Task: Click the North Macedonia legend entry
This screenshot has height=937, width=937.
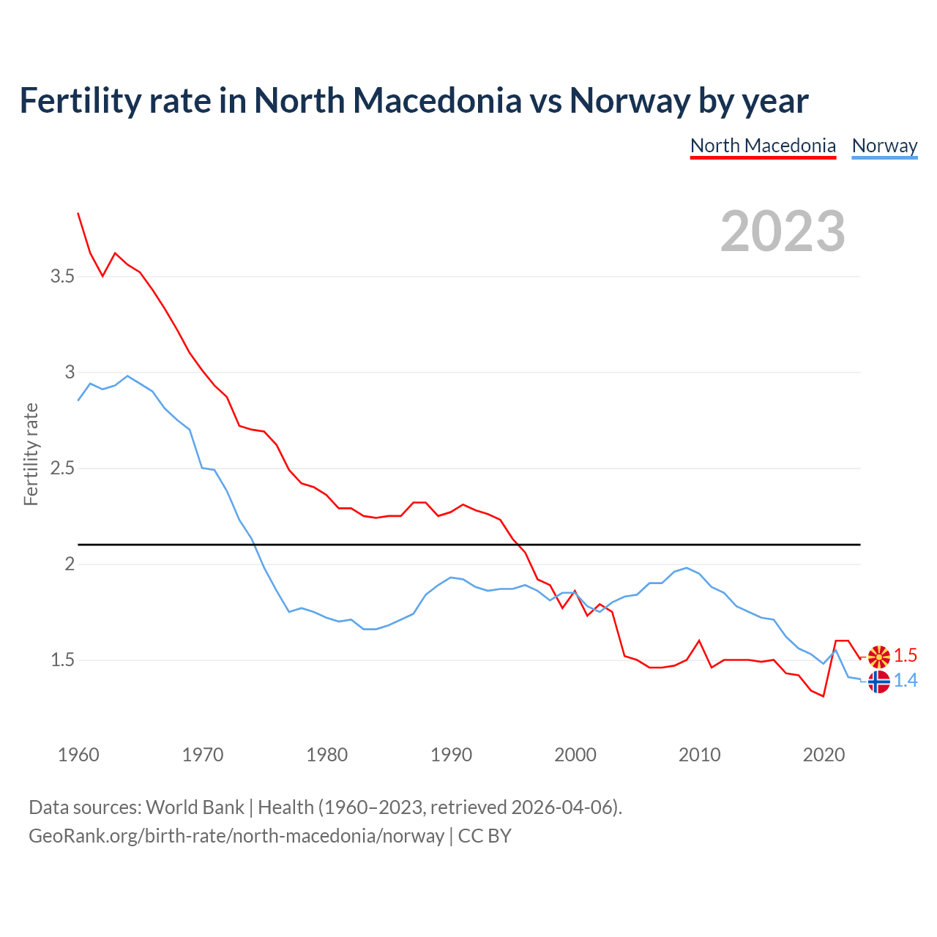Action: (x=763, y=146)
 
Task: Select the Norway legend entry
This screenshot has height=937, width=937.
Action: (x=884, y=146)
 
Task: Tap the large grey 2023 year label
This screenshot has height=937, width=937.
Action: (x=783, y=231)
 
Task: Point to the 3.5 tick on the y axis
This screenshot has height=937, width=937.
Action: (x=62, y=276)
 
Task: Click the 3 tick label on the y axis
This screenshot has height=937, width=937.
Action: (x=70, y=372)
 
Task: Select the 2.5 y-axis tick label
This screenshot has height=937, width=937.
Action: (x=62, y=468)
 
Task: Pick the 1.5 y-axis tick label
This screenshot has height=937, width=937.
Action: (x=62, y=660)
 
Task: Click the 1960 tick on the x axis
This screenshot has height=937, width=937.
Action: (x=78, y=755)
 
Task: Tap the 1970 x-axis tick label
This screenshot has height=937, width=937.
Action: (x=203, y=755)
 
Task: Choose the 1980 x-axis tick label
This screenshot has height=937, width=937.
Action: (x=327, y=755)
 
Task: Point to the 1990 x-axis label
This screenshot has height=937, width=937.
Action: (x=452, y=755)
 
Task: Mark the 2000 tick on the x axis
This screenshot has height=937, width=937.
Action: (x=575, y=755)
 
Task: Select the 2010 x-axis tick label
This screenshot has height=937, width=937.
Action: (x=700, y=755)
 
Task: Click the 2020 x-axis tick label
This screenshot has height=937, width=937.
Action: (x=824, y=755)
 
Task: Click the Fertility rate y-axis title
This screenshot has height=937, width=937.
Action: (x=31, y=454)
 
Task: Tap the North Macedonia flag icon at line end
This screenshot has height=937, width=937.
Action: (x=878, y=657)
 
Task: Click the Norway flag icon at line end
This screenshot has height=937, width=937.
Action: (x=878, y=682)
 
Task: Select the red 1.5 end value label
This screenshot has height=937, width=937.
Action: (x=906, y=656)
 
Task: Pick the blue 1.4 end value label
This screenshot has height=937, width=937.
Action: (x=906, y=681)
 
